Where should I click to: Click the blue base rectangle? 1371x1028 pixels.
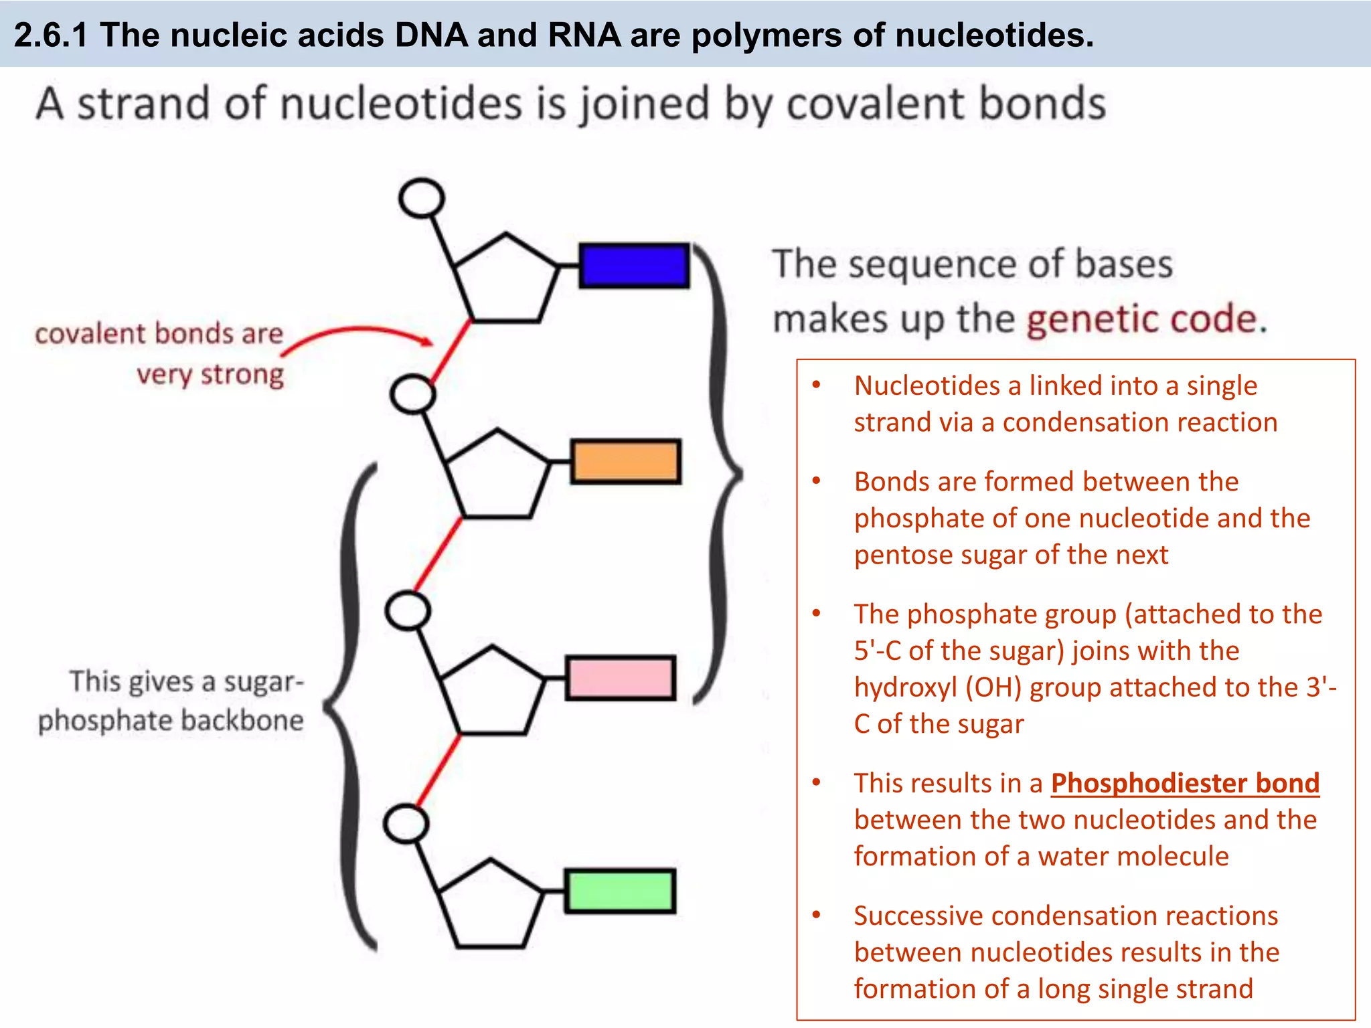click(x=633, y=266)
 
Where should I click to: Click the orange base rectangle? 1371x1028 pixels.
click(x=625, y=461)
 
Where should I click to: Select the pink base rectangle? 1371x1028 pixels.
click(x=620, y=677)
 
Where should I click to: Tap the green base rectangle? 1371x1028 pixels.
click(x=620, y=891)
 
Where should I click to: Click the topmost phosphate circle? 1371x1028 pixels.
click(x=421, y=198)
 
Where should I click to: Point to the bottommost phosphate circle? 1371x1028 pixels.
click(x=406, y=824)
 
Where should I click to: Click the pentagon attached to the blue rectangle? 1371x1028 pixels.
click(x=505, y=281)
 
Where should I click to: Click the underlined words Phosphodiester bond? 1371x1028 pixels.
click(x=1184, y=783)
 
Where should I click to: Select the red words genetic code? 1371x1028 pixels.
click(x=1141, y=319)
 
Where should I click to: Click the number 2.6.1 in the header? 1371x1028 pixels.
click(x=51, y=35)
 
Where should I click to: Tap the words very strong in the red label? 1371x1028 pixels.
click(x=210, y=374)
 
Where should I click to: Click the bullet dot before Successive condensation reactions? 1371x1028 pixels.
click(x=816, y=915)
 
